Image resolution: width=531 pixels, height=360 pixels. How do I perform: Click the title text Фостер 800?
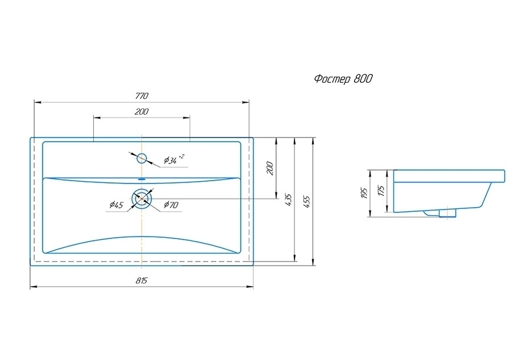pos(343,79)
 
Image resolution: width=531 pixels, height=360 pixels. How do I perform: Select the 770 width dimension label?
pos(142,96)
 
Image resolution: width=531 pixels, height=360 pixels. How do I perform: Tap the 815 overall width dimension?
pos(142,281)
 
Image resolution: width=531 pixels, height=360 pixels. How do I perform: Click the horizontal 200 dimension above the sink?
pos(141,112)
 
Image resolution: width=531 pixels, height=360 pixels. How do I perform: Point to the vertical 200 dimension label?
pos(270,168)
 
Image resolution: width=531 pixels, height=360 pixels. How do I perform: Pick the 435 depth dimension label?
pos(288,200)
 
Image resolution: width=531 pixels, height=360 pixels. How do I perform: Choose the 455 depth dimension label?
pos(306,202)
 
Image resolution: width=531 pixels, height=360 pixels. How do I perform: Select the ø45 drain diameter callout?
pos(116,205)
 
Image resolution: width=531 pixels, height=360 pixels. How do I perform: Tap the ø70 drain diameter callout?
pos(171,205)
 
